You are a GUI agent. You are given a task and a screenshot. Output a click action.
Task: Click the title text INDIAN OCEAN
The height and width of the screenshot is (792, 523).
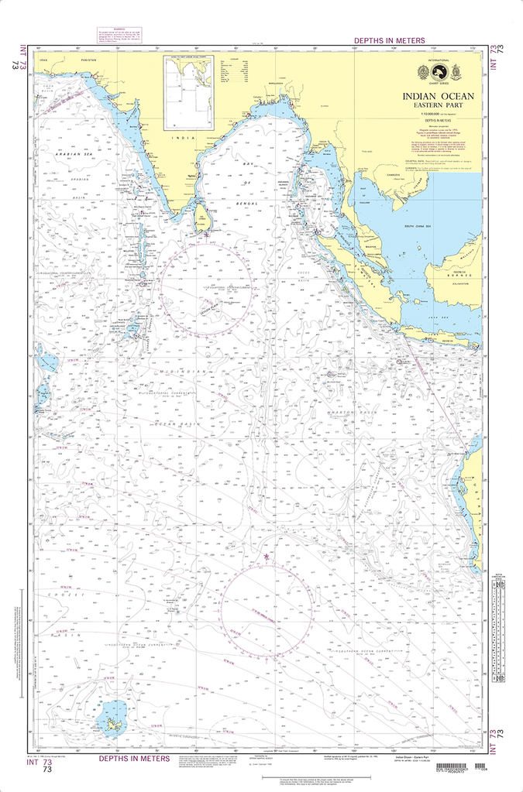[438, 97]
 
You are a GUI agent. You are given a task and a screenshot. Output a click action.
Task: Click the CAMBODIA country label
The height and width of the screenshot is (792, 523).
[394, 172]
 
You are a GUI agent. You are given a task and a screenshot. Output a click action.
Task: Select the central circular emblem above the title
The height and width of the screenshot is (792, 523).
[438, 70]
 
